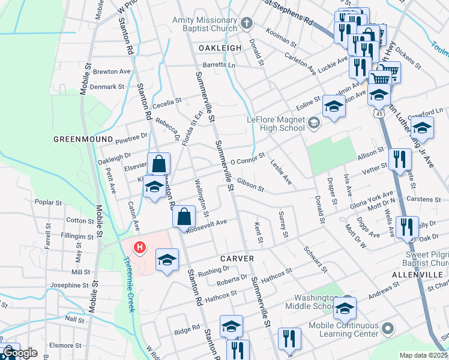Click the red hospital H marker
pyautogui.click(x=140, y=247)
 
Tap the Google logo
pyautogui.click(x=20, y=353)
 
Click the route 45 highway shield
pyautogui.click(x=379, y=113)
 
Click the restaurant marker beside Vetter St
pyautogui.click(x=399, y=160)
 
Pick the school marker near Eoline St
pyautogui.click(x=334, y=106)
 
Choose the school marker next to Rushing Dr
pyautogui.click(x=167, y=259)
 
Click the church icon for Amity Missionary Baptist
pyautogui.click(x=246, y=24)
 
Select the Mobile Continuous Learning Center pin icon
pyautogui.click(x=387, y=329)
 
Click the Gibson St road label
pyautogui.click(x=250, y=184)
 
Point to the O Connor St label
pyautogui.click(x=247, y=160)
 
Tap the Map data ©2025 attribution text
pyautogui.click(x=423, y=355)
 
